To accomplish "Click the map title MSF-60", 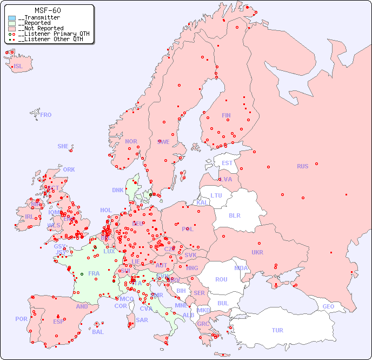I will [48, 10].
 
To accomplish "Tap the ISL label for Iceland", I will [18, 67].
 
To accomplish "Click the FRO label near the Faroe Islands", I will [46, 115].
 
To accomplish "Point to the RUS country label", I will [302, 166].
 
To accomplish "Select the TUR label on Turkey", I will [277, 330].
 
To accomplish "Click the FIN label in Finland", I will [226, 115].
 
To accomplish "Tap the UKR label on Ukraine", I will [257, 252].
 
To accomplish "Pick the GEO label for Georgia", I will [328, 306].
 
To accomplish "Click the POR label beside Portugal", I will [21, 319].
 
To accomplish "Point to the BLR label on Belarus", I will [234, 215].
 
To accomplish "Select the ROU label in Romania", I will [221, 279].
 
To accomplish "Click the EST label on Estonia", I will [227, 163].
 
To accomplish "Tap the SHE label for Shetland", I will [63, 146].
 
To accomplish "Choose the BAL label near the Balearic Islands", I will [98, 332].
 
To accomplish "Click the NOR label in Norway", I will [131, 141].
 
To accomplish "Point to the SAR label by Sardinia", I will [142, 320].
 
